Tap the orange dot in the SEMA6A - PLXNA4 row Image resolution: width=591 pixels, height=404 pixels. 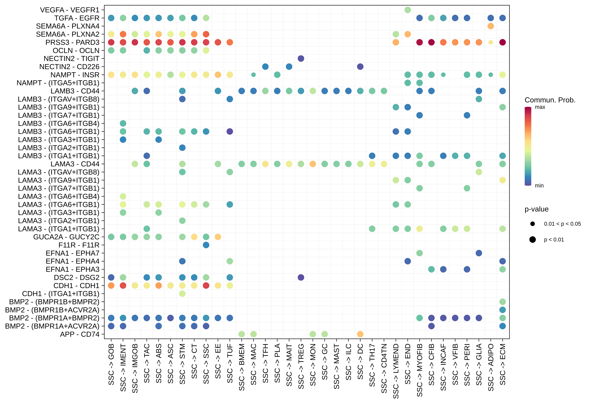pos(491,26)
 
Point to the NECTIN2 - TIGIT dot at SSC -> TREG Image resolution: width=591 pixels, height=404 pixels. pos(301,58)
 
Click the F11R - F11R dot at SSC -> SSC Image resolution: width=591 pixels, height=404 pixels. pos(206,245)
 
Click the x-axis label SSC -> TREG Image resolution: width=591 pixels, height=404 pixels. pos(301,366)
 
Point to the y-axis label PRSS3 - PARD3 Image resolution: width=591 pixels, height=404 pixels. pos(72,42)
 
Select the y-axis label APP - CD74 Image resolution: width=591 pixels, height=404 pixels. pos(80,334)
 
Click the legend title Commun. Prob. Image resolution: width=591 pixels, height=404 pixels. pos(550,100)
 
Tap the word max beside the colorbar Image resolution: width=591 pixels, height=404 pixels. pos(540,107)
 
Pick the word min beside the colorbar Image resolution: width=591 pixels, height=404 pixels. pos(539,186)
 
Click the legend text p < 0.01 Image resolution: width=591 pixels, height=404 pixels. pos(554,240)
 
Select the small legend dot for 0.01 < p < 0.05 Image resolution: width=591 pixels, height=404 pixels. pos(533,224)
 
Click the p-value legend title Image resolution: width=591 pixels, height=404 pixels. pos(536,209)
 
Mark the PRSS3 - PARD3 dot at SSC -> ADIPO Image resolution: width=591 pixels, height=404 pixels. pos(491,42)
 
